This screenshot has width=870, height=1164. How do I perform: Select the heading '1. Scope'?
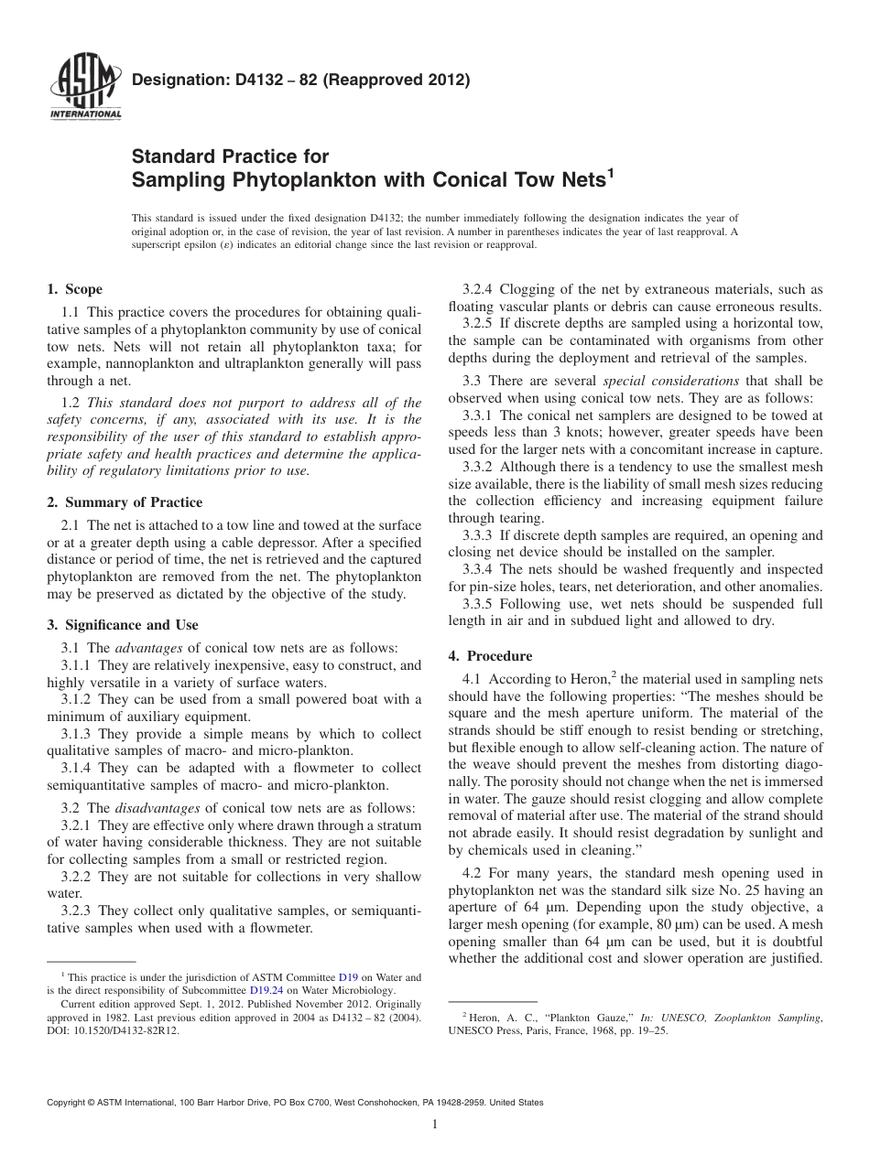click(74, 289)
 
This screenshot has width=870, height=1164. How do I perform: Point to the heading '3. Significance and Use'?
click(122, 625)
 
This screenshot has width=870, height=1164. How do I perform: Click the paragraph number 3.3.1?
click(478, 415)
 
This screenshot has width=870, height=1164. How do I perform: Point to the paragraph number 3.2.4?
click(479, 289)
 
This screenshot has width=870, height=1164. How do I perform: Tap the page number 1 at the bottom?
click(435, 1125)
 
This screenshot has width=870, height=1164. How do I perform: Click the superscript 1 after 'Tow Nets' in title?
click(609, 171)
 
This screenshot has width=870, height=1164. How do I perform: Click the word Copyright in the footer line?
click(70, 1103)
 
